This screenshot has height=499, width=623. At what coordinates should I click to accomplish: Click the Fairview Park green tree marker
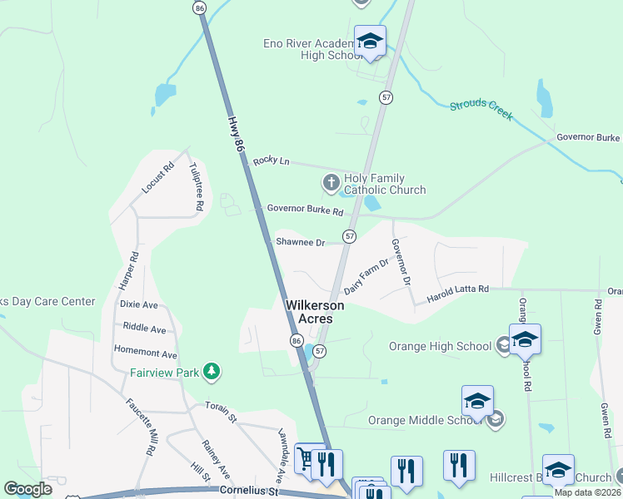[212, 371]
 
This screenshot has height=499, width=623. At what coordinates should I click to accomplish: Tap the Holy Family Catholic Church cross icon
[331, 182]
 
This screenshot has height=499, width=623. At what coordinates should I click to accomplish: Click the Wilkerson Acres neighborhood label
[315, 312]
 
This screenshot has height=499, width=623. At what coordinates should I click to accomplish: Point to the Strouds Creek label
[481, 109]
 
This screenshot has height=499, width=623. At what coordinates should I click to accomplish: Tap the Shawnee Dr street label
[300, 242]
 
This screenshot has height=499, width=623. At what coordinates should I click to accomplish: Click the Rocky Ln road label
[271, 160]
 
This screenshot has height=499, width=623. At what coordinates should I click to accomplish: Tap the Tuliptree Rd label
[197, 185]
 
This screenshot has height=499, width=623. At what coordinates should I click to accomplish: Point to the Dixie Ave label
[138, 304]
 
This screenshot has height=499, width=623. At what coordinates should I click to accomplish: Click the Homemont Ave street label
[146, 353]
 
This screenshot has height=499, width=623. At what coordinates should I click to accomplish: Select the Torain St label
[222, 408]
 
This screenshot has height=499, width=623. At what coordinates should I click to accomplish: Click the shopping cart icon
[305, 458]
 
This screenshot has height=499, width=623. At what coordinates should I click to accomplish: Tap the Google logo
[28, 489]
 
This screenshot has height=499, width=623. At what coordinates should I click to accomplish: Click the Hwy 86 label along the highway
[237, 131]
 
